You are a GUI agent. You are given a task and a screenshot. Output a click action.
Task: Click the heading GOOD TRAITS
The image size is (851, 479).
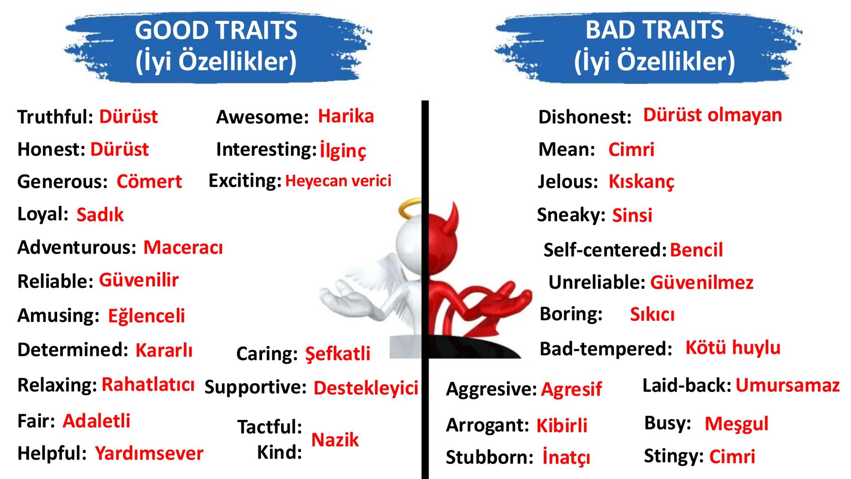pyautogui.click(x=216, y=30)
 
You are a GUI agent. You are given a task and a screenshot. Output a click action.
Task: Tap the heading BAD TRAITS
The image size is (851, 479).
pyautogui.click(x=655, y=30)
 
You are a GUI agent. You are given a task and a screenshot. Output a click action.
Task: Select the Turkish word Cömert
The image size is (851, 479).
pyautogui.click(x=149, y=181)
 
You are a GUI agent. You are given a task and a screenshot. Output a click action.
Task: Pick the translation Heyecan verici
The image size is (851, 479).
pyautogui.click(x=338, y=181)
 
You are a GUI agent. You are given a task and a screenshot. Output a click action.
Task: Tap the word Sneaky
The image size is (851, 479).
pyautogui.click(x=571, y=215)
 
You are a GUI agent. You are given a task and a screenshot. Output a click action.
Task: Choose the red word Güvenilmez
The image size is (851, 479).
pyautogui.click(x=702, y=283)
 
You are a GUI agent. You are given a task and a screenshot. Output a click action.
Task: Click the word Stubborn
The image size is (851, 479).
pyautogui.click(x=489, y=457)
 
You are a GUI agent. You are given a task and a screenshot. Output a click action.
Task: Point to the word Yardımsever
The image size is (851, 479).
pyautogui.click(x=149, y=453)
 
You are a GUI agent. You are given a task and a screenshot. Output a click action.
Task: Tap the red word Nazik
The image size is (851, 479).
pyautogui.click(x=335, y=440)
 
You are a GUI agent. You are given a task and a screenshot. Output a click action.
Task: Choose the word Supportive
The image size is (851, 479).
pyautogui.click(x=255, y=388)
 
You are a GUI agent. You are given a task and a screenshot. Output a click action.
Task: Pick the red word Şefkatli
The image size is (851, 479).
pyautogui.click(x=338, y=354)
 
